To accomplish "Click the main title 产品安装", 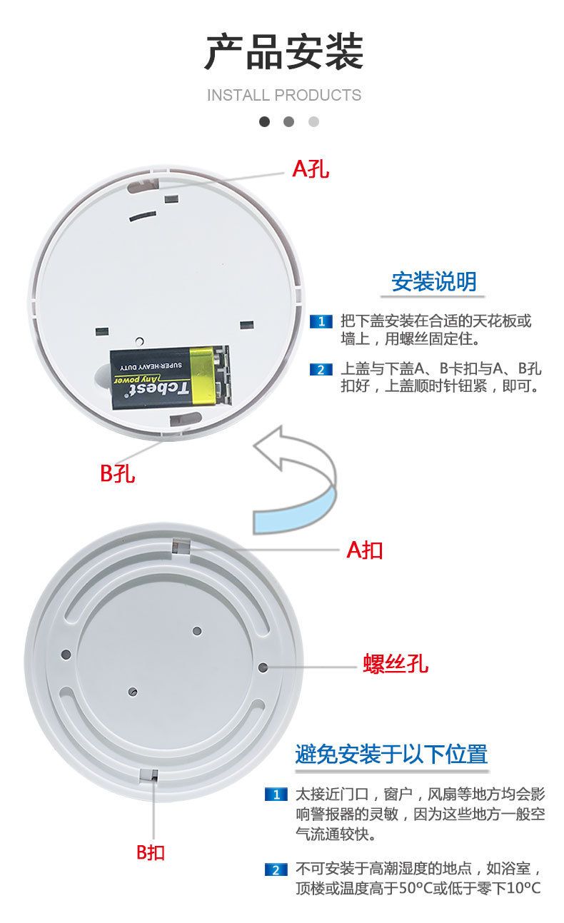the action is (x=284, y=52).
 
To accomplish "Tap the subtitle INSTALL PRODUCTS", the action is (x=284, y=95).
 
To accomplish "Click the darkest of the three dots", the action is (x=264, y=121).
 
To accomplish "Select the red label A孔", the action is (x=311, y=168).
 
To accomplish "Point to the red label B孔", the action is (x=117, y=473).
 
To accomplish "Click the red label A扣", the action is (x=365, y=550).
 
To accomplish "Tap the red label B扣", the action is (x=151, y=852).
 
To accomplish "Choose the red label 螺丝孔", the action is (x=396, y=663).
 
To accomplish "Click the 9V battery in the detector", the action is (x=170, y=378).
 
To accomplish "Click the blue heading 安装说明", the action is (x=434, y=282).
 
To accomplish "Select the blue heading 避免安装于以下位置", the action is (x=391, y=754).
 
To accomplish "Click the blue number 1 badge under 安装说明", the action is (x=321, y=321).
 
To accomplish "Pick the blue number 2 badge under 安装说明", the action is (x=321, y=369).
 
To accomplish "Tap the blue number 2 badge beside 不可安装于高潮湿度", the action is (x=276, y=870).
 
